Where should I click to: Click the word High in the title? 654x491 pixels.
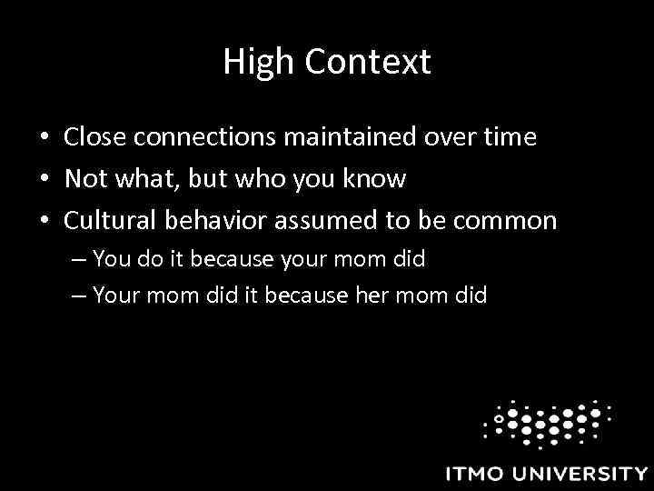(x=257, y=63)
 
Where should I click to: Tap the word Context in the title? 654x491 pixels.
(x=368, y=63)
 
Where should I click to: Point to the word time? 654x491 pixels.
(x=510, y=137)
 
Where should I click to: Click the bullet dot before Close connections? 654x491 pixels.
(x=44, y=138)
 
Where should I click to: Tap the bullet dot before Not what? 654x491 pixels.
(x=44, y=180)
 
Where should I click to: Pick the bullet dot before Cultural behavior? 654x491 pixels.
(x=44, y=222)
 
